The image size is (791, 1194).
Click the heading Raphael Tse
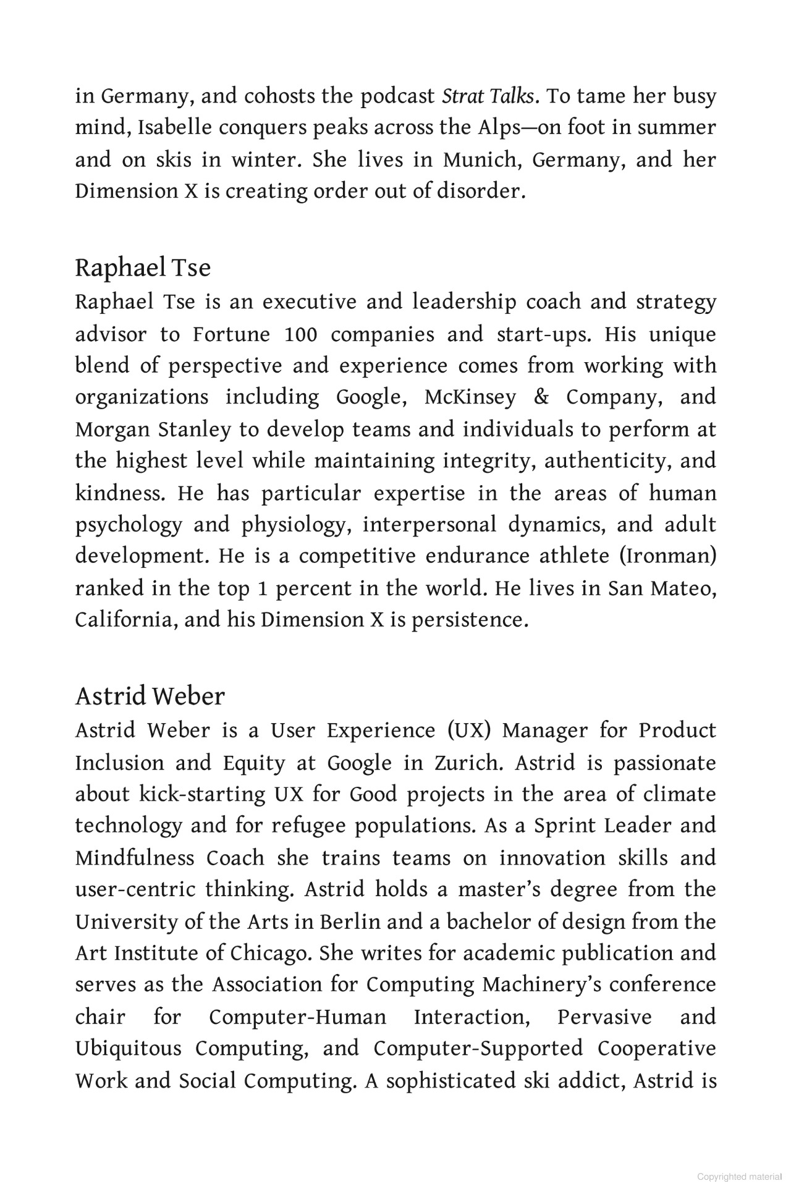click(143, 268)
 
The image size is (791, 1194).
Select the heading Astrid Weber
click(150, 696)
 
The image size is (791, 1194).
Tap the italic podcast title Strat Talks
click(488, 96)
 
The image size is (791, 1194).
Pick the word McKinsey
click(470, 397)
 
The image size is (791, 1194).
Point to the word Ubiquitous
click(129, 1049)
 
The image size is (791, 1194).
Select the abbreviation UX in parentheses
click(468, 731)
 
